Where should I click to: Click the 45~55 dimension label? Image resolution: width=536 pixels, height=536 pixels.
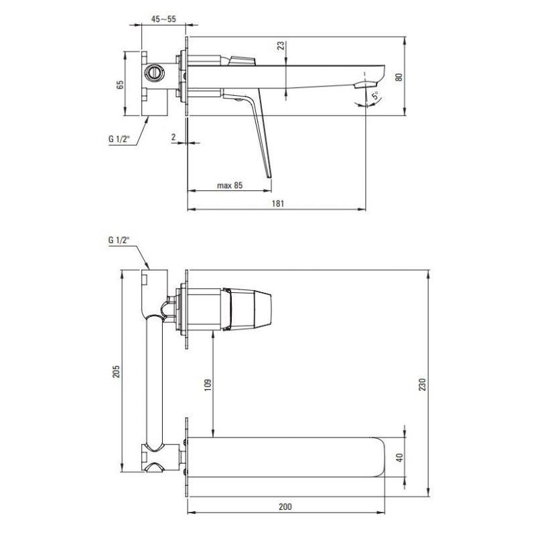tap(163, 19)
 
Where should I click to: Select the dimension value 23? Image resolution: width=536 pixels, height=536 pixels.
tap(281, 46)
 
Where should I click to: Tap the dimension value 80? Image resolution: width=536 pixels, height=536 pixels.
tap(399, 77)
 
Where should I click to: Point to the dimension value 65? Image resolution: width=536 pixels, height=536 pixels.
tap(121, 85)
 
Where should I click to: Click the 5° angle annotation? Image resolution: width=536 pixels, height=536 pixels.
tap(376, 94)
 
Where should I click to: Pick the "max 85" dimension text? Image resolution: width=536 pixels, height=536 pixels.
tap(230, 186)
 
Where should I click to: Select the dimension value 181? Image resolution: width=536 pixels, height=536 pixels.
tap(278, 204)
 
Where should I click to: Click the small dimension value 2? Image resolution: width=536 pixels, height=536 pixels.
tap(174, 137)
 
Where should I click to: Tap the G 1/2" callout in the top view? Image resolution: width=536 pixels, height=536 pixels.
tap(119, 139)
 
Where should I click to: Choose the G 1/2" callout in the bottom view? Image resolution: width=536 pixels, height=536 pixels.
tap(119, 241)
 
